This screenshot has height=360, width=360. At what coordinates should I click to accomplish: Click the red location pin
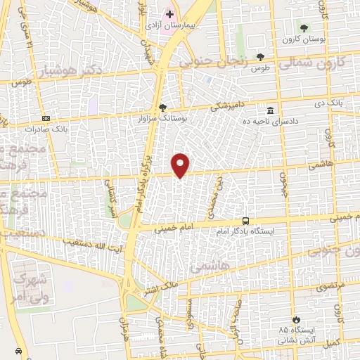coord(181,165)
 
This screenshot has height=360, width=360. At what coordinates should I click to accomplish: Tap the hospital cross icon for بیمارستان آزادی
coord(169,13)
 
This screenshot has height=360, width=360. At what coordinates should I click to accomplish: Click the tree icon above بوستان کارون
coord(304,28)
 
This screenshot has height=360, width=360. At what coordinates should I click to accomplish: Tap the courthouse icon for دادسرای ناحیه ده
coord(270,110)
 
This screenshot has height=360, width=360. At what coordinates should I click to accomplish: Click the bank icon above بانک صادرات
coord(46,118)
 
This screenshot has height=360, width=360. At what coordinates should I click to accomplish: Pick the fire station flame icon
coord(296,319)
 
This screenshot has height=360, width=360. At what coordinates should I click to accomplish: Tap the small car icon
coord(18,349)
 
